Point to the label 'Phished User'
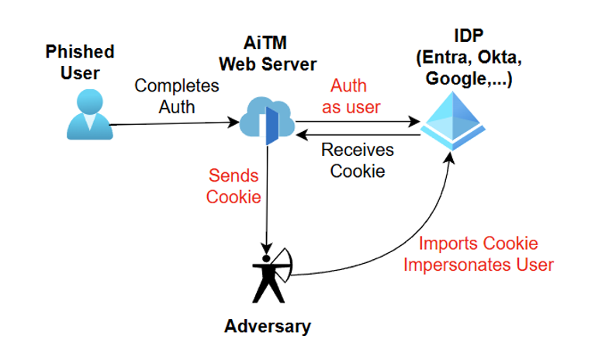[x=79, y=62]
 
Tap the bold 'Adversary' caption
[x=268, y=326]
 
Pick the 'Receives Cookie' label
[x=358, y=160]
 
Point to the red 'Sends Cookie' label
[x=233, y=185]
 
